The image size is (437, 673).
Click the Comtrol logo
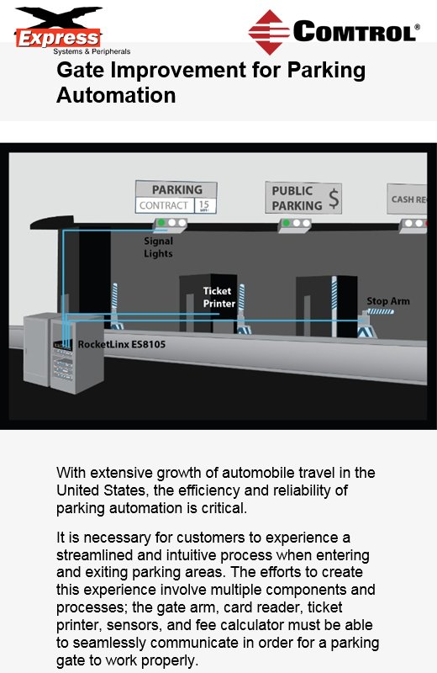(x=333, y=33)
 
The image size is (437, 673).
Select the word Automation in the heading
(x=116, y=95)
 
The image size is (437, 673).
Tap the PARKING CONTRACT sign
(x=176, y=198)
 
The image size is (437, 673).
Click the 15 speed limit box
(x=204, y=205)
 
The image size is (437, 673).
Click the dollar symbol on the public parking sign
(x=334, y=199)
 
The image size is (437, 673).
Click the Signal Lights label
(x=158, y=247)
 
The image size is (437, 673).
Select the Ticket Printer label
(x=217, y=297)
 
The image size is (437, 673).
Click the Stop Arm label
(x=387, y=301)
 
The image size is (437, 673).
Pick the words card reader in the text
(x=277, y=607)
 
